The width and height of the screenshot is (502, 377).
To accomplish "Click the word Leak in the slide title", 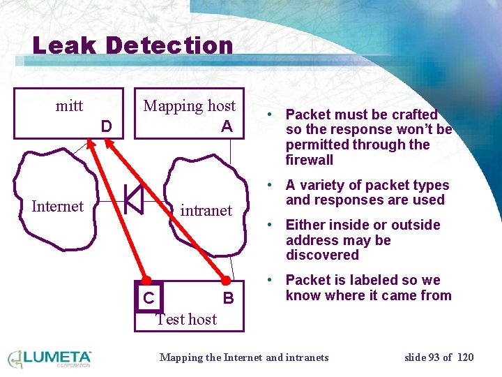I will point(64,46).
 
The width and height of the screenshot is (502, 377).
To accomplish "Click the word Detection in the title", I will point(169,46).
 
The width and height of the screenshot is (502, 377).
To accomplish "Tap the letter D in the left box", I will point(106,127).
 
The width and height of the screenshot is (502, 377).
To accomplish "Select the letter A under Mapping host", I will point(226,126).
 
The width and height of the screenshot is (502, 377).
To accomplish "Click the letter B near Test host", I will point(227,299).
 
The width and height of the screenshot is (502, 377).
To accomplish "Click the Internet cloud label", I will point(57,206).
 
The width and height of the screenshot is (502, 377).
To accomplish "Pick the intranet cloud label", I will point(206,210).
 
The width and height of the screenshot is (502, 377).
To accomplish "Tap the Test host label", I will point(185,319).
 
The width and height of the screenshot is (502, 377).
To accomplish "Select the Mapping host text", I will point(190,106).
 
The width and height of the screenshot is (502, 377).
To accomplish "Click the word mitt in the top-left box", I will point(69,106).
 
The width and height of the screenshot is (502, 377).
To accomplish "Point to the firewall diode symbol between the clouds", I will point(133,199).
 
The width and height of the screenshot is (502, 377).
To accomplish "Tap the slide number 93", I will point(434,357).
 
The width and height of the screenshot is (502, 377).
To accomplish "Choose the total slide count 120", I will point(466,357).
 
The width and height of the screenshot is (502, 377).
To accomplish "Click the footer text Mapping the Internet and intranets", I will point(244,357).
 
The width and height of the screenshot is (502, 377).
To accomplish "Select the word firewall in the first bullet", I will point(310,160).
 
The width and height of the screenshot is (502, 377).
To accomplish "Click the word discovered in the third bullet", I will point(322,256).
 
